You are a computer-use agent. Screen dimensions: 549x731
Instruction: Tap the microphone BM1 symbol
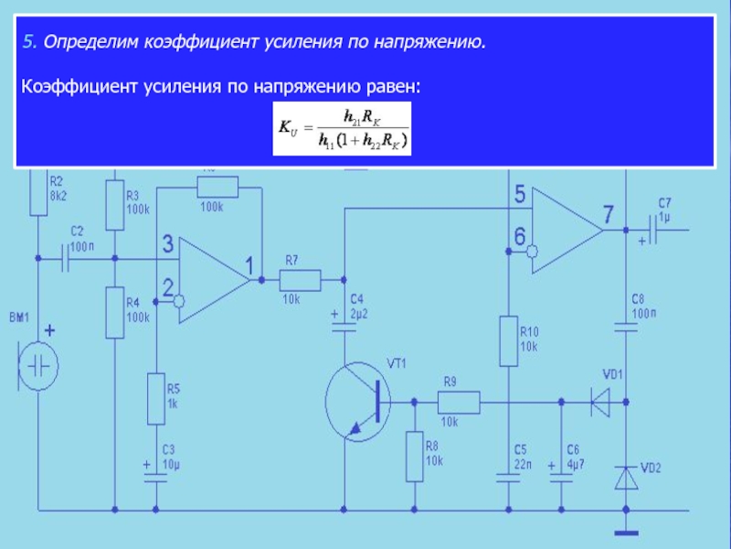[38, 366]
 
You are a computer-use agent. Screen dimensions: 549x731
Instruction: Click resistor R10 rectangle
[507, 340]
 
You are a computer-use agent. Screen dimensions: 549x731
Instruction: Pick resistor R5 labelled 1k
[156, 398]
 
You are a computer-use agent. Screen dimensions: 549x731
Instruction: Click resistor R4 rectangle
[114, 311]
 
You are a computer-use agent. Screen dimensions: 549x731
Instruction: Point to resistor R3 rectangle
[114, 204]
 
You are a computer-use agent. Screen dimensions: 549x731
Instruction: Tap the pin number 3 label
[167, 244]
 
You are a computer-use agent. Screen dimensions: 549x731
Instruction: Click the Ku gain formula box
[343, 128]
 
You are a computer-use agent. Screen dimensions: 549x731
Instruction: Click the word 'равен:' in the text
[395, 85]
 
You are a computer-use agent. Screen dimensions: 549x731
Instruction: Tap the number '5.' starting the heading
[30, 42]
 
